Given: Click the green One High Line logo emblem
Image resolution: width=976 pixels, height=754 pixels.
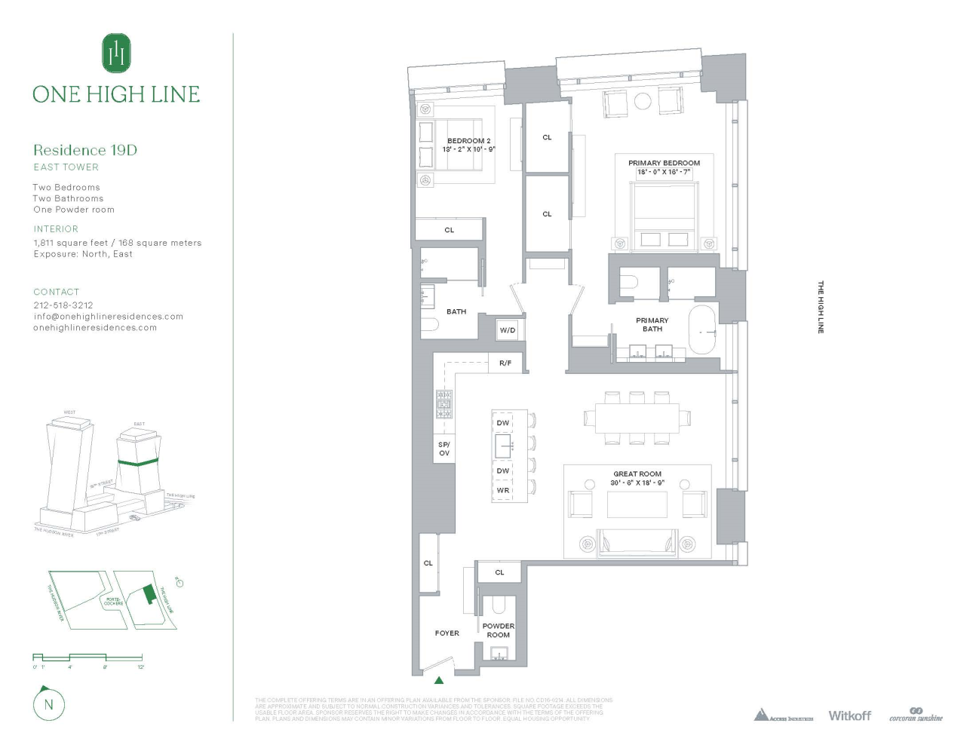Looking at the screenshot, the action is pyautogui.click(x=116, y=53).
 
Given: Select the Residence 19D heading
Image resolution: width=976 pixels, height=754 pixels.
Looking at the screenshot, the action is pyautogui.click(x=85, y=150).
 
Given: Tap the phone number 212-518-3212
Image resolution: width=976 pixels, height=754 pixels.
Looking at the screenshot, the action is pyautogui.click(x=63, y=305).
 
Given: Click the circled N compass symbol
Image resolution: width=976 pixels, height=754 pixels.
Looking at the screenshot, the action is pyautogui.click(x=49, y=705).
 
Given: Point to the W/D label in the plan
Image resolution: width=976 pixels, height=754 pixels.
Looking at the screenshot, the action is pyautogui.click(x=508, y=330).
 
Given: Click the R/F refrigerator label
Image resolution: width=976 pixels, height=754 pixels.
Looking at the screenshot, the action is pyautogui.click(x=505, y=363).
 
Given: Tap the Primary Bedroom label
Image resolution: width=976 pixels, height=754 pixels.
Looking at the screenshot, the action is pyautogui.click(x=664, y=163).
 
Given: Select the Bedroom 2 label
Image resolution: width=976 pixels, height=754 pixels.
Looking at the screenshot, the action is pyautogui.click(x=468, y=141).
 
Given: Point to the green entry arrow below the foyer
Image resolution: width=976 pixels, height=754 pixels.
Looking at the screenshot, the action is pyautogui.click(x=439, y=680).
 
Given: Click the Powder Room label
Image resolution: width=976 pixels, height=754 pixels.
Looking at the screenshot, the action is pyautogui.click(x=499, y=630).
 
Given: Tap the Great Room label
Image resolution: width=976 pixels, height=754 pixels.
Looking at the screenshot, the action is pyautogui.click(x=637, y=474).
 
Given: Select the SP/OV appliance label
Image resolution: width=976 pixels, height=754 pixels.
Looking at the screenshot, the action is pyautogui.click(x=444, y=449).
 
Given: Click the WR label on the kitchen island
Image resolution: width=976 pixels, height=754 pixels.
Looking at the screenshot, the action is pyautogui.click(x=503, y=490).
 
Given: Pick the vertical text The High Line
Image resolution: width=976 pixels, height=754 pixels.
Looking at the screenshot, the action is pyautogui.click(x=821, y=307).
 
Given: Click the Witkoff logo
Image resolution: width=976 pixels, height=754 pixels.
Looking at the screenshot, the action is pyautogui.click(x=849, y=716).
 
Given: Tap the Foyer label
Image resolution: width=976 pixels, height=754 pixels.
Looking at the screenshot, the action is pyautogui.click(x=447, y=633).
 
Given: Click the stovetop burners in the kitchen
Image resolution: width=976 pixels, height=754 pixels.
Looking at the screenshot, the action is pyautogui.click(x=444, y=403).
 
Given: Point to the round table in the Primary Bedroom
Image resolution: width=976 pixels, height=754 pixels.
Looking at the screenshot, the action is pyautogui.click(x=643, y=101).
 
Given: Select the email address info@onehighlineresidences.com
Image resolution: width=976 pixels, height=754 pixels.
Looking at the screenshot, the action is pyautogui.click(x=109, y=317).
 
